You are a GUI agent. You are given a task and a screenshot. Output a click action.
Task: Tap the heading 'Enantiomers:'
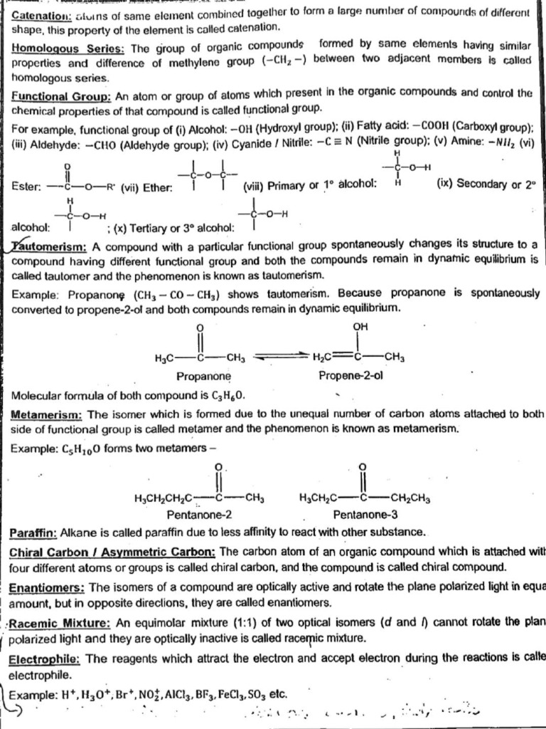46,587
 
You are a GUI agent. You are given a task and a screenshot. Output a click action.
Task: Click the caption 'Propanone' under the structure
203,377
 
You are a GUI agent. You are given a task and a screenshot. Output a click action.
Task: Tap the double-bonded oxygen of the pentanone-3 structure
363,467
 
